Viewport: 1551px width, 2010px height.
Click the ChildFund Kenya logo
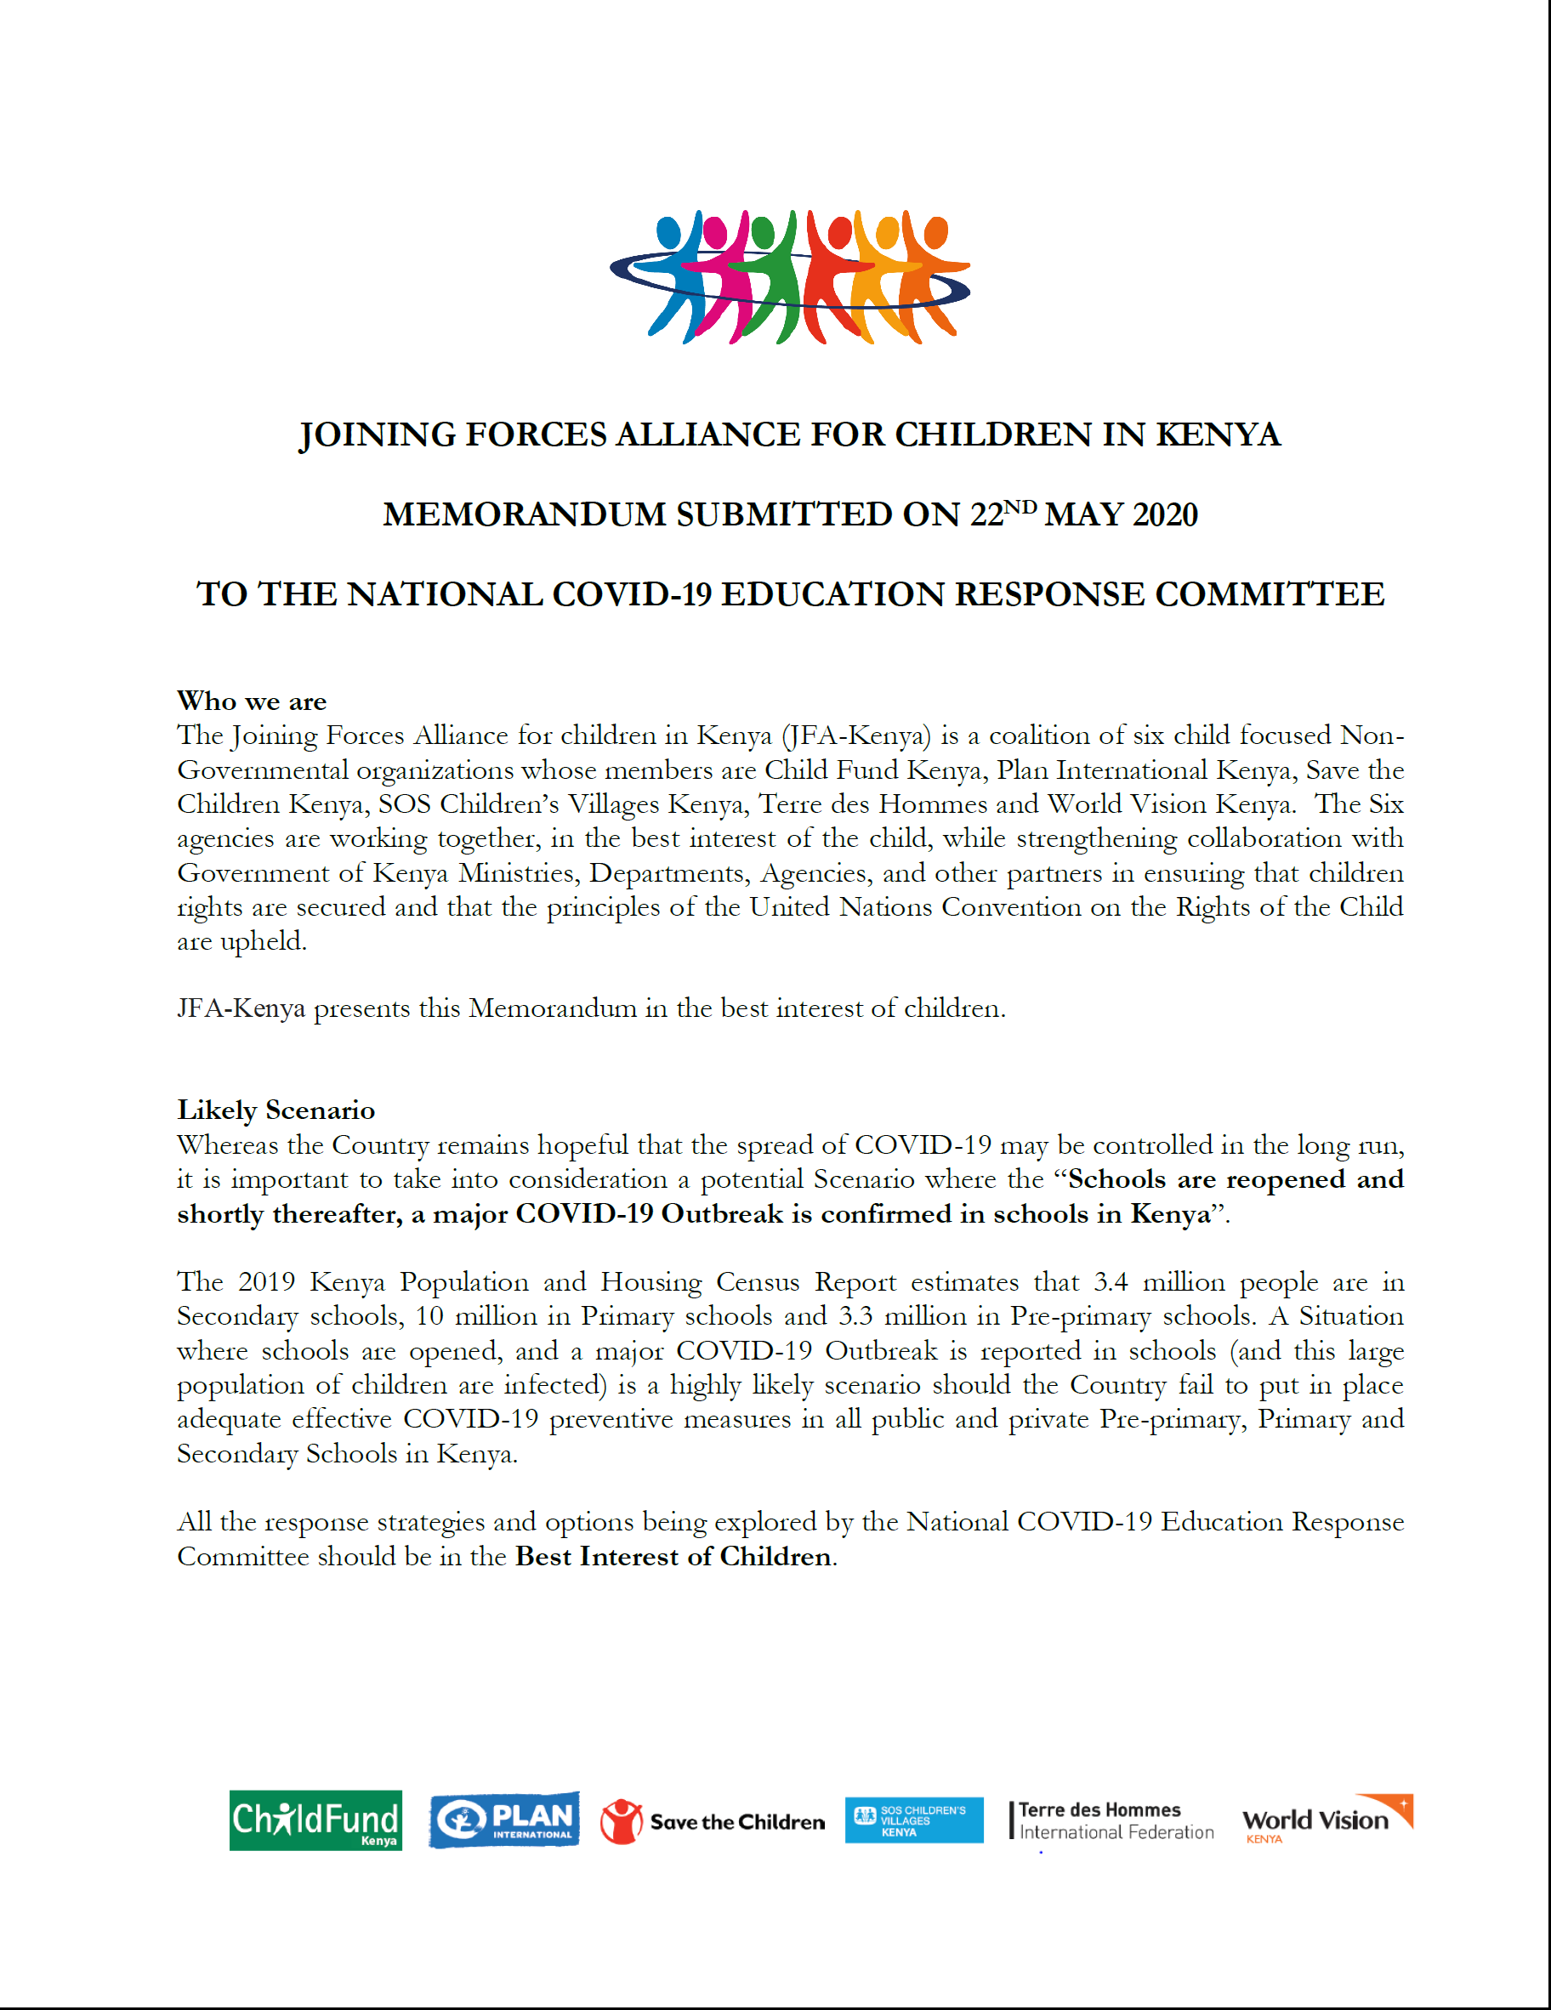click(x=315, y=1820)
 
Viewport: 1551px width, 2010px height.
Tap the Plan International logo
click(x=504, y=1820)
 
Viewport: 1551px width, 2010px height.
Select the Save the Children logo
click(x=713, y=1821)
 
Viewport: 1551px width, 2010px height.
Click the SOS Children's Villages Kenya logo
click(x=913, y=1820)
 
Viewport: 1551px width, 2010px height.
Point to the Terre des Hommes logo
click(x=1112, y=1820)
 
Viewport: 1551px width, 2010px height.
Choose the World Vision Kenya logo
click(x=1327, y=1820)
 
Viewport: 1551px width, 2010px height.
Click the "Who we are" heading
click(x=252, y=701)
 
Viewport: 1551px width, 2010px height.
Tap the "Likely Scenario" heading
click(x=276, y=1110)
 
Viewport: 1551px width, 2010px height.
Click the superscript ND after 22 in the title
click(x=1020, y=507)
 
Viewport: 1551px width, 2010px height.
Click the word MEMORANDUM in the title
click(x=525, y=514)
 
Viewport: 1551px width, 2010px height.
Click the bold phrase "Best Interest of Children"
click(x=673, y=1556)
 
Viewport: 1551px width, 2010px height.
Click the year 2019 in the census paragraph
click(x=266, y=1282)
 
